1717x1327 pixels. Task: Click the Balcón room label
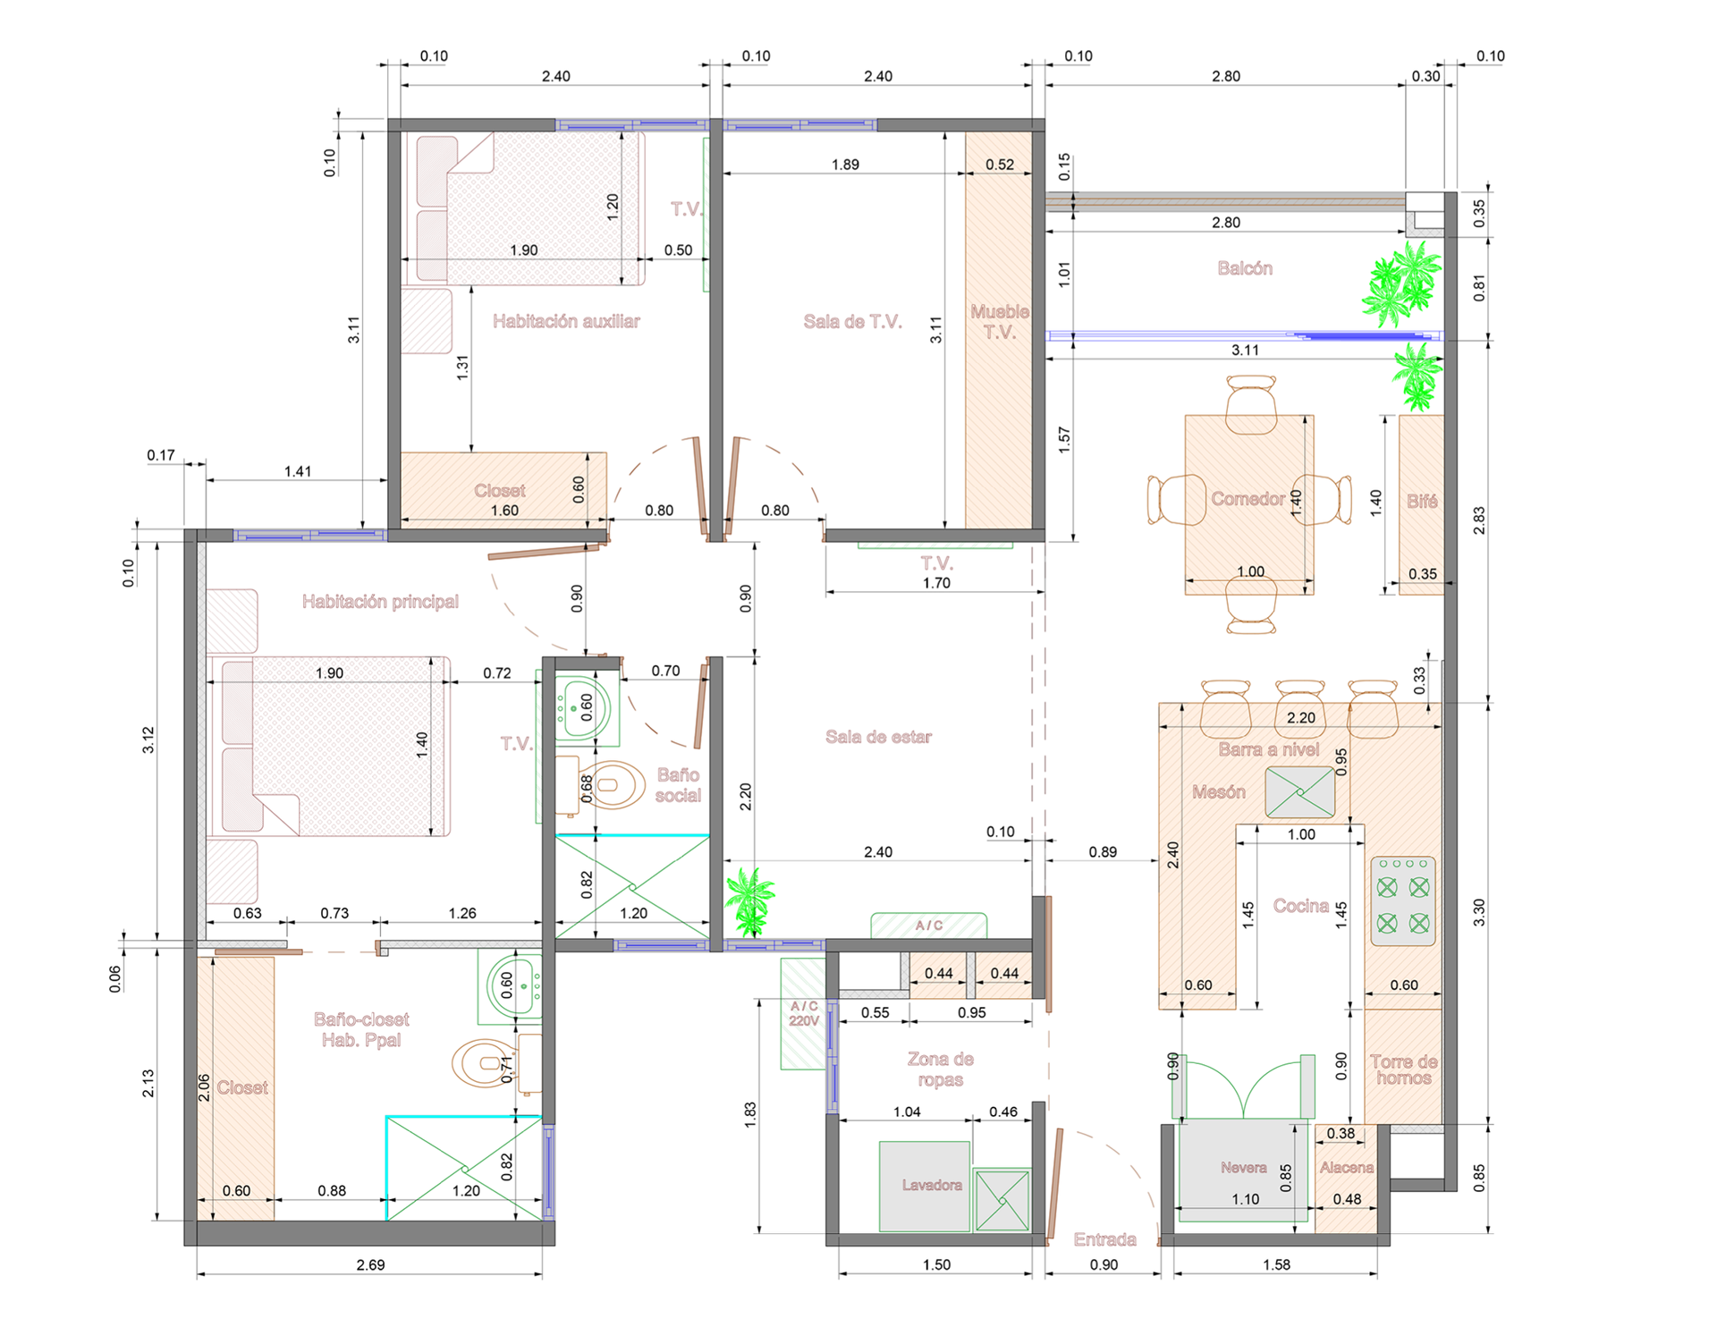(1245, 268)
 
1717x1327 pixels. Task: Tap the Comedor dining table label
(1248, 499)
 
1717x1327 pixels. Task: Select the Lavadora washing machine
(924, 1186)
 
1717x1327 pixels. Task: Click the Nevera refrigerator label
(1243, 1168)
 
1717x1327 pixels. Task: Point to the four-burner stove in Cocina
(1402, 901)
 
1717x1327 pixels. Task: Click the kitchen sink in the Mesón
(1299, 791)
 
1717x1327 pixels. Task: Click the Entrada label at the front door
(1104, 1239)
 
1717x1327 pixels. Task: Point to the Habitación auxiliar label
(566, 321)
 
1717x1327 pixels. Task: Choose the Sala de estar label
(878, 737)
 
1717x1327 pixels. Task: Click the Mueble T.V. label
(1000, 322)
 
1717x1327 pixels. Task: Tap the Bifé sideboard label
(1422, 501)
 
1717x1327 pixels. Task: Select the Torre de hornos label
(1404, 1069)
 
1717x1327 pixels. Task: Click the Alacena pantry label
(1346, 1168)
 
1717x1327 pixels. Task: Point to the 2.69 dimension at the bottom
(370, 1264)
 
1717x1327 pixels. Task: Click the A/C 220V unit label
(804, 1013)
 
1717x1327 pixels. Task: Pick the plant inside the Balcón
(1401, 283)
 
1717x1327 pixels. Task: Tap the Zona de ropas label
(940, 1069)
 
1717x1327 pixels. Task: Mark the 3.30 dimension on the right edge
(1479, 912)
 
